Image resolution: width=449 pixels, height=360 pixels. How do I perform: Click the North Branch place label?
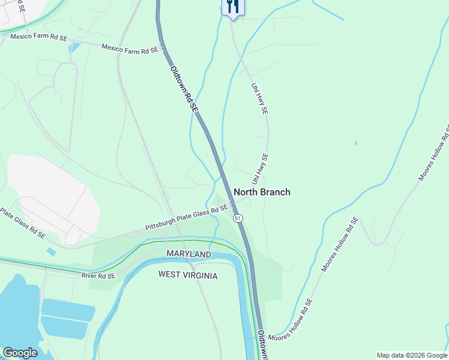click(262, 192)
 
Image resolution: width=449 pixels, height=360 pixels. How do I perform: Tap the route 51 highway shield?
click(238, 218)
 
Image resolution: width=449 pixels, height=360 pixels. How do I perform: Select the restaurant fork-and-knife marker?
click(232, 7)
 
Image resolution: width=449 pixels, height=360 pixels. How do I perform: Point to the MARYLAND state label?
click(189, 255)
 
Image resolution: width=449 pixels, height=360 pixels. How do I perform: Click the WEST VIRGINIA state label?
click(188, 275)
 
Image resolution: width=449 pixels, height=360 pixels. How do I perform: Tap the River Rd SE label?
click(98, 275)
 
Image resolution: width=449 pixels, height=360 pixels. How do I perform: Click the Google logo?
click(20, 353)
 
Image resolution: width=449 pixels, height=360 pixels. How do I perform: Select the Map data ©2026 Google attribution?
click(412, 355)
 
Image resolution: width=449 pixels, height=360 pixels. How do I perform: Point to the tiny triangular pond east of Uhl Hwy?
click(356, 143)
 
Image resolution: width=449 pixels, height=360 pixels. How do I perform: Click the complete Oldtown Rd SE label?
click(184, 89)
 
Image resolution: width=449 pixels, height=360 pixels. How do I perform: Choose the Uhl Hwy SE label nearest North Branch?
click(261, 169)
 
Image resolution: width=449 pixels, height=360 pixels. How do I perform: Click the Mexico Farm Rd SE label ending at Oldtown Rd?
click(130, 50)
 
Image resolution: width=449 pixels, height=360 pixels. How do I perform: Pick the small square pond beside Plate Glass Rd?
click(51, 252)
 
